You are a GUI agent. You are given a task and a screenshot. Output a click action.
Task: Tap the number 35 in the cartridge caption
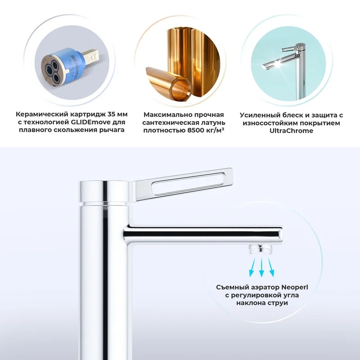pos(112,114)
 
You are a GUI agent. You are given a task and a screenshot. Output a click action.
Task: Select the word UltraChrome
pos(291,130)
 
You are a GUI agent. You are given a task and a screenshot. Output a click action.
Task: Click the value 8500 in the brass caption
pos(195,130)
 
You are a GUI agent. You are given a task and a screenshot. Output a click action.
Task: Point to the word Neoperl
pos(295,288)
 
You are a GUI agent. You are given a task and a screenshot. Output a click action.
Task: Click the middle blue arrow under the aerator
pos(261,267)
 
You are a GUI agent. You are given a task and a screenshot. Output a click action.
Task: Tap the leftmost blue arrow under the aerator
pos(252,267)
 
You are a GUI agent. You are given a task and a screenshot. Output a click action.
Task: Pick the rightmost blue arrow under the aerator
pos(270,267)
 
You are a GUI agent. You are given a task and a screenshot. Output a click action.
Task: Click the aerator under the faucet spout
pos(261,249)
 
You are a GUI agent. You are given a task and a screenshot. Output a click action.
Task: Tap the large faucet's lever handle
pos(183,184)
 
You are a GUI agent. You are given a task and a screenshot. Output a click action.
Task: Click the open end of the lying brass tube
pos(182,89)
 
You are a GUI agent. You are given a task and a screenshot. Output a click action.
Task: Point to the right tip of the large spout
pos(282,234)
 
